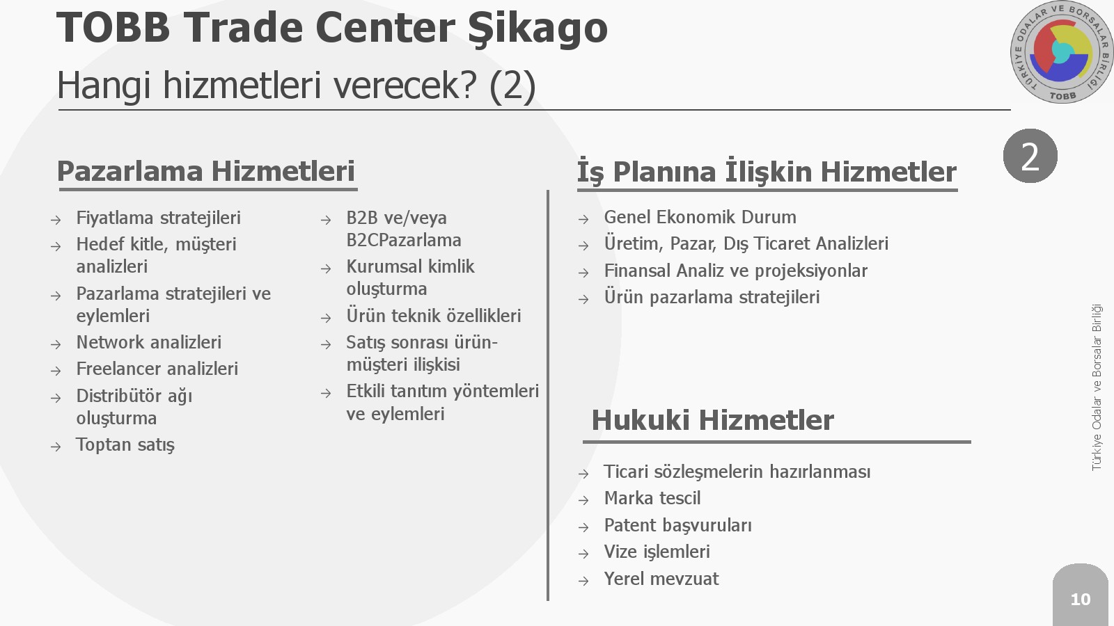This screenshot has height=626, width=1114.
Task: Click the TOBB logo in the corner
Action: click(x=1062, y=52)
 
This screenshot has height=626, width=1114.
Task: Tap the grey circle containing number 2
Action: click(x=1030, y=156)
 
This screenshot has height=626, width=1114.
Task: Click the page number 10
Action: click(x=1080, y=599)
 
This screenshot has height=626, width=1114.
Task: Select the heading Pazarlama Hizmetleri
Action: click(x=206, y=171)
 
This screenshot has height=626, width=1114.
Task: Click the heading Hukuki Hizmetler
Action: click(x=712, y=420)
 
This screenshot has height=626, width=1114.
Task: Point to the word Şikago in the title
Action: click(x=538, y=28)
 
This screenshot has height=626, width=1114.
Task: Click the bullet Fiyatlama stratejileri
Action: click(x=158, y=218)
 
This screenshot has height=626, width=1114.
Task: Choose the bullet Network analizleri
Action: click(x=149, y=342)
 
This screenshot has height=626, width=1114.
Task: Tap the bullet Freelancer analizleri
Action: click(x=157, y=369)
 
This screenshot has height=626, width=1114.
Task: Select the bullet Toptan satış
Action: click(x=125, y=444)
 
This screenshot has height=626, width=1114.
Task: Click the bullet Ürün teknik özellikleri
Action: click(x=434, y=316)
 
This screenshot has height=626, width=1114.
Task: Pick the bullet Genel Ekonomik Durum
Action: click(x=700, y=217)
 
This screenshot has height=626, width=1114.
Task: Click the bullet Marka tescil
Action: click(x=652, y=498)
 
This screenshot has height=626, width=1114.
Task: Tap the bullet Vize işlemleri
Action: click(x=657, y=552)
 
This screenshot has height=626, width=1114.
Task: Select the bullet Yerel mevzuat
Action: click(x=661, y=579)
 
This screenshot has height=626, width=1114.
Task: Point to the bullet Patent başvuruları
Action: click(x=677, y=525)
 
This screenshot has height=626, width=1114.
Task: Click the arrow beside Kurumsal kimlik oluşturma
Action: click(x=326, y=268)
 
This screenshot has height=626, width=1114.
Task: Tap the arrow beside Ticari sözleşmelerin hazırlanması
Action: click(x=583, y=474)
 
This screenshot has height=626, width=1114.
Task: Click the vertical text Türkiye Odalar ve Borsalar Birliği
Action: click(x=1097, y=387)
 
